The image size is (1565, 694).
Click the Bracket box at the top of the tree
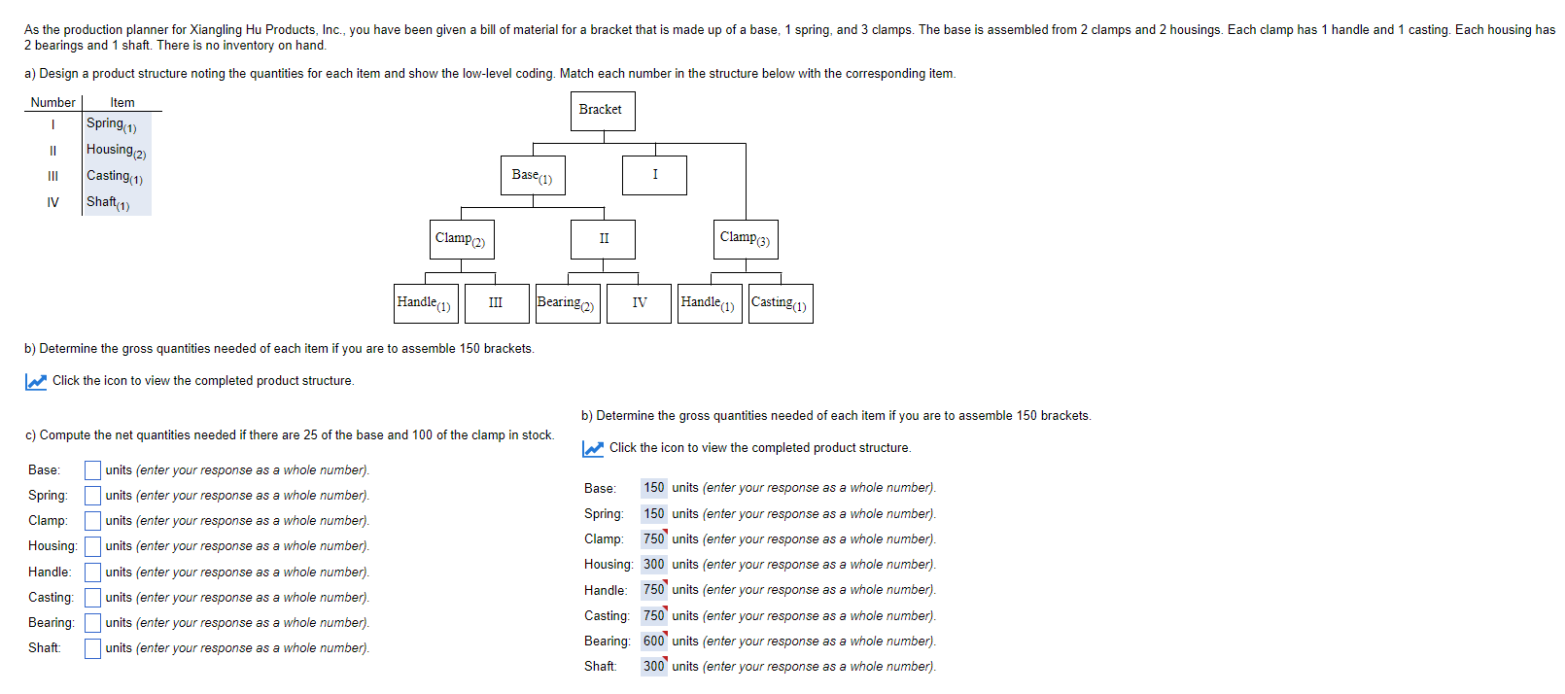tap(603, 111)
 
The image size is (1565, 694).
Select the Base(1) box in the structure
tap(533, 176)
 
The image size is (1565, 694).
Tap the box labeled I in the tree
tap(654, 175)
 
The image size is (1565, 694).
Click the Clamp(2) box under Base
tap(462, 239)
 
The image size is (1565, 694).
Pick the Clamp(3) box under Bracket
tap(746, 239)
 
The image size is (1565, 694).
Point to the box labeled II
tap(604, 239)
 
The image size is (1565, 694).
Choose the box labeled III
tap(497, 303)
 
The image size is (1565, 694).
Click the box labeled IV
tap(639, 303)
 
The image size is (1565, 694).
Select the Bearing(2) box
tap(568, 303)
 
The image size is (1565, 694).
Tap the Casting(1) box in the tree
tap(781, 303)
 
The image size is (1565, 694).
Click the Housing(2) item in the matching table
tap(116, 151)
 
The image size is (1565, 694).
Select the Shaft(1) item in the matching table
tap(107, 203)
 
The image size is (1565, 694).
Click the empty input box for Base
tap(92, 470)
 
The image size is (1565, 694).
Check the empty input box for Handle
tap(92, 573)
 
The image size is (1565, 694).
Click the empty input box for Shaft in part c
tap(92, 648)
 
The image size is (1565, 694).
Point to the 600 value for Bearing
tap(653, 642)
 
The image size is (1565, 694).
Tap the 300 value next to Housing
tap(653, 565)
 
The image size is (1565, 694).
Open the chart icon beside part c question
tap(36, 382)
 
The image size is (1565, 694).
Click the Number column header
tap(52, 103)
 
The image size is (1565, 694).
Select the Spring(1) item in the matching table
tap(111, 124)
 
